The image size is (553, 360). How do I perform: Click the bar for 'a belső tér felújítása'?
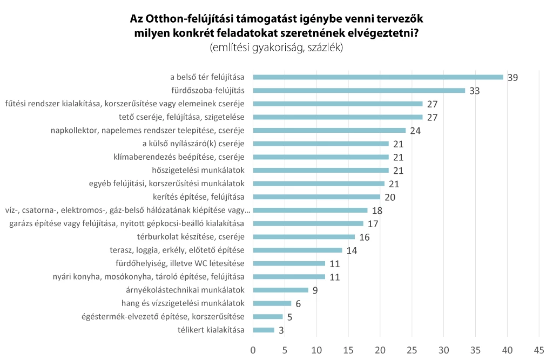click(x=378, y=77)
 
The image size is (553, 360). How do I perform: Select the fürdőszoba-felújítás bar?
click(x=359, y=91)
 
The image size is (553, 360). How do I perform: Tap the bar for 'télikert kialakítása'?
click(x=264, y=330)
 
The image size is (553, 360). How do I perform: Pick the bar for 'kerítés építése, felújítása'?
click(x=316, y=197)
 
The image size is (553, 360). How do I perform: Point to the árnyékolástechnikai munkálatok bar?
click(x=280, y=290)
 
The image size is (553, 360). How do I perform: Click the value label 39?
click(x=512, y=78)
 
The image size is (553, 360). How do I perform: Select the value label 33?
click(x=475, y=91)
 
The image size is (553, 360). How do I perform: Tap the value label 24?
click(x=415, y=131)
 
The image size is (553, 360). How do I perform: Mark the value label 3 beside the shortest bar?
click(x=281, y=330)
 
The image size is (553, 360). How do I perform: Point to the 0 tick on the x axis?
click(x=253, y=349)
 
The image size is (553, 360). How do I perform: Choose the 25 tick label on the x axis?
click(x=412, y=349)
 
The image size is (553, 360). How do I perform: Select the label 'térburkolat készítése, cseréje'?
click(x=192, y=237)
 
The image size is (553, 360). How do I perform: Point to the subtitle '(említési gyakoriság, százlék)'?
click(x=276, y=47)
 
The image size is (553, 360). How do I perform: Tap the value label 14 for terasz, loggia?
click(x=352, y=250)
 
